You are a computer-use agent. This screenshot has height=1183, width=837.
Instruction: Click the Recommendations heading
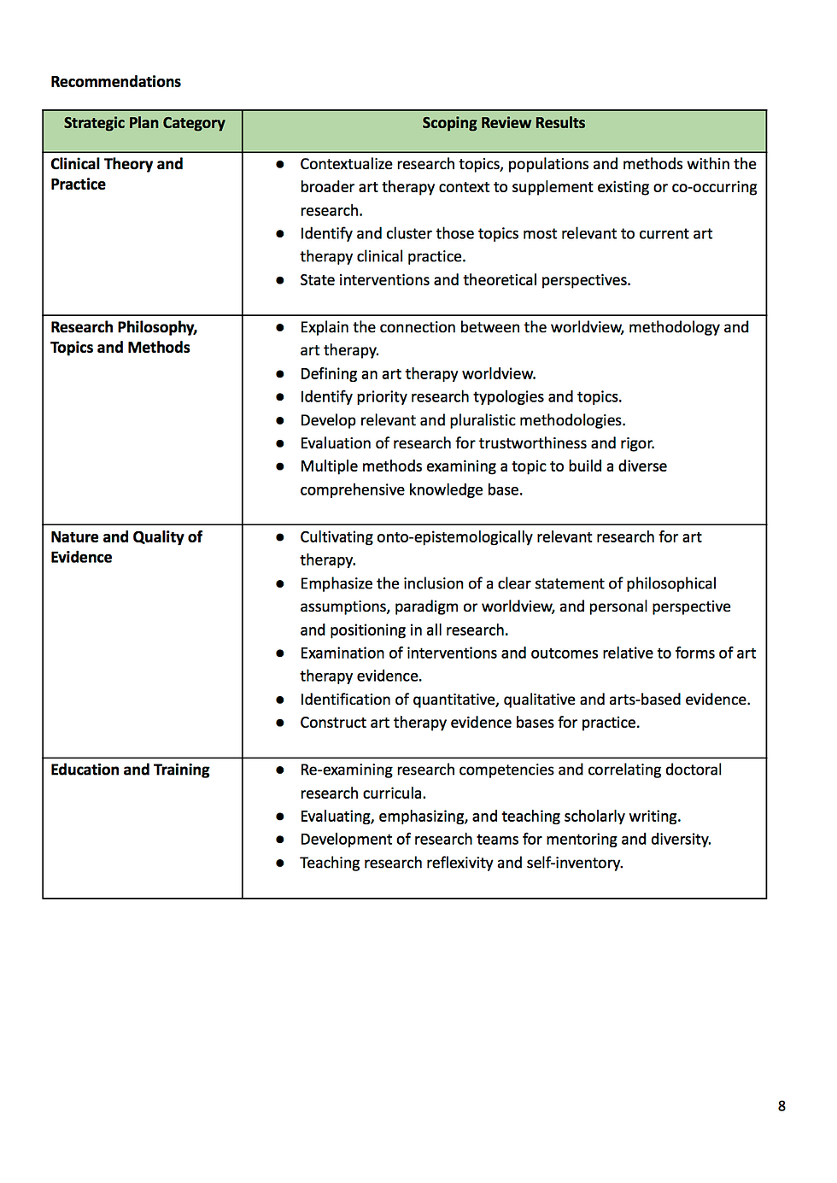[115, 82]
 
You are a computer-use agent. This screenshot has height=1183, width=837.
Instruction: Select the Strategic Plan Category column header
[144, 123]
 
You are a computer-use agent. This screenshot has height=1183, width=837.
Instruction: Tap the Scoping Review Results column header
[503, 123]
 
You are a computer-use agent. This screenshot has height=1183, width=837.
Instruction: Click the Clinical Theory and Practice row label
[116, 174]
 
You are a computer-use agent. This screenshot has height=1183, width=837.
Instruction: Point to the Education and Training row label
[130, 770]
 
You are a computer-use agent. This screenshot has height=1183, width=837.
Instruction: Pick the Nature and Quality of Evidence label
[126, 547]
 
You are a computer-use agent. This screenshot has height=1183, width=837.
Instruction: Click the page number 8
[781, 1106]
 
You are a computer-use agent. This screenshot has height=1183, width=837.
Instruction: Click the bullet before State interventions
[279, 280]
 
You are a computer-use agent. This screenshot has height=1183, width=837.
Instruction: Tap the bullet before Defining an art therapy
[279, 374]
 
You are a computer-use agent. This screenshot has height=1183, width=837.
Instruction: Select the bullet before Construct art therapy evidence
[279, 723]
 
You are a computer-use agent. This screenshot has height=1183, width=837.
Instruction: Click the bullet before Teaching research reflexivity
[279, 863]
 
